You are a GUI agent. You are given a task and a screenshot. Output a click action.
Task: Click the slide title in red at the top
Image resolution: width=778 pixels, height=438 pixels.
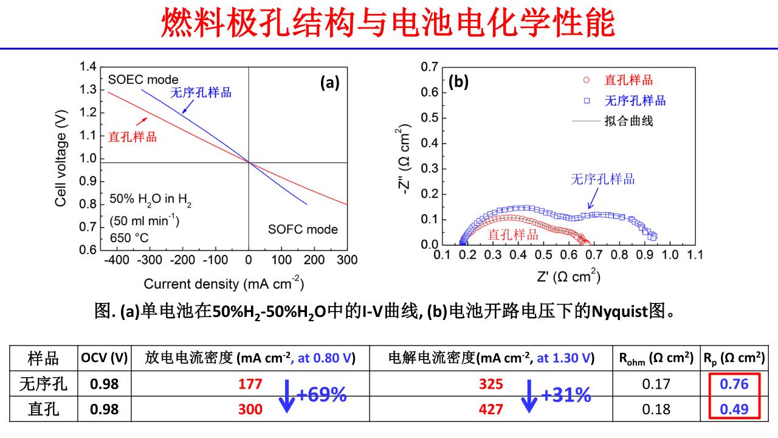click(x=388, y=23)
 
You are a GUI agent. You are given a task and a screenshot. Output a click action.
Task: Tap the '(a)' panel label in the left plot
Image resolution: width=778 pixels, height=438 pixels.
click(x=330, y=83)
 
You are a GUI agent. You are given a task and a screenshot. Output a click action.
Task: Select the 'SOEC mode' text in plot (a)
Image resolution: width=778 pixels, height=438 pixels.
click(x=143, y=80)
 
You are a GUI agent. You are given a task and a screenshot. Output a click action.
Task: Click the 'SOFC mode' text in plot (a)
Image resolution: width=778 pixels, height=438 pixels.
click(x=303, y=229)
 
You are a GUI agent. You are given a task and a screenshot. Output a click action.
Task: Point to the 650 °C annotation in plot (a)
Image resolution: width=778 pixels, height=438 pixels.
click(x=129, y=237)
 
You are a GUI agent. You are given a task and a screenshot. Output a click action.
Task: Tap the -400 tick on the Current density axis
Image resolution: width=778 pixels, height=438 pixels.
click(x=117, y=260)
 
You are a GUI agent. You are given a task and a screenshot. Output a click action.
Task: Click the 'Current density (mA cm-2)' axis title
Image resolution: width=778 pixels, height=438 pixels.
click(x=224, y=283)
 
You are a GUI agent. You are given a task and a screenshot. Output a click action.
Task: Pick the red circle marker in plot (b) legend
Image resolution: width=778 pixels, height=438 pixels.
click(x=587, y=80)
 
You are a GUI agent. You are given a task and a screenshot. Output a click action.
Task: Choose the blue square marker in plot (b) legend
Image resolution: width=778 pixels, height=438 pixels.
click(x=587, y=101)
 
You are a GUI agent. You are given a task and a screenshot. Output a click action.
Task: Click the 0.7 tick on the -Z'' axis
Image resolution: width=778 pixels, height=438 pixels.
click(x=430, y=67)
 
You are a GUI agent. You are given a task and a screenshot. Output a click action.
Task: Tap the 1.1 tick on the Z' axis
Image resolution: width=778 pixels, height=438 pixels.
click(x=694, y=255)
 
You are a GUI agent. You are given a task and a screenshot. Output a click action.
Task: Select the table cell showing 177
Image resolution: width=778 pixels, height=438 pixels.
click(x=250, y=384)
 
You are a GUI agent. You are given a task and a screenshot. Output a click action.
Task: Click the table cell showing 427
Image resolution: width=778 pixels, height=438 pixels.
click(x=491, y=409)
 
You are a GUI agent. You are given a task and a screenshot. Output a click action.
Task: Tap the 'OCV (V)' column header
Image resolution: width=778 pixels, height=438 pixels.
click(x=104, y=358)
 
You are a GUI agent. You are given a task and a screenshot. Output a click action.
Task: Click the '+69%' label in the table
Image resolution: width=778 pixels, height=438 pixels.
click(x=322, y=395)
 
